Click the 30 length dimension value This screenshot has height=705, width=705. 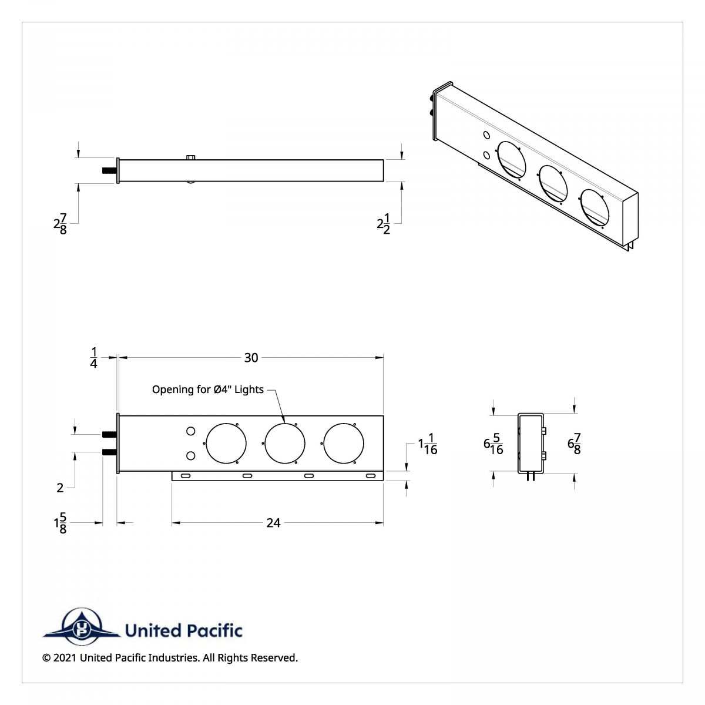(251, 358)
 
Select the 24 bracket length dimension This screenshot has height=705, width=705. (273, 523)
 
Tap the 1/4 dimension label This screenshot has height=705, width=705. (94, 358)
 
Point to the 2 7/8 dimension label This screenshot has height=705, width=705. (60, 224)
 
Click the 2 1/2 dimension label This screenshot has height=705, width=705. (384, 224)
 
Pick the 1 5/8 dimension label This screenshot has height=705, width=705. (60, 523)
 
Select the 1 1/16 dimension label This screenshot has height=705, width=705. (428, 444)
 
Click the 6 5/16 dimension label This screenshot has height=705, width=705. (493, 444)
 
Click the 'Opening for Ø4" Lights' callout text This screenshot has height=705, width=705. (208, 390)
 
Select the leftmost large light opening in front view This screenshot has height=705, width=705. (226, 442)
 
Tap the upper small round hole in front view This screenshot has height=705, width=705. (190, 432)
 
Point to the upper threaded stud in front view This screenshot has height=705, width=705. (109, 434)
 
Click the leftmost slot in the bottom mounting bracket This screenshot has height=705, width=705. (185, 476)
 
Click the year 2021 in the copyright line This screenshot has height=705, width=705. (65, 658)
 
